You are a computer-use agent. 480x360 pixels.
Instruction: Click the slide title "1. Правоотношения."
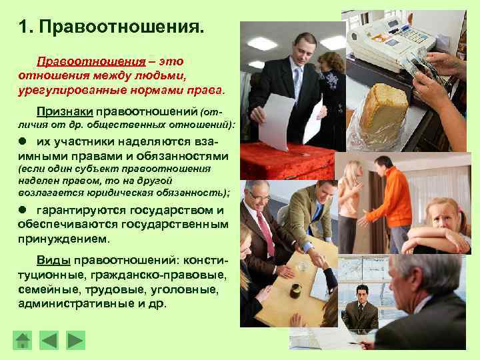click(111, 28)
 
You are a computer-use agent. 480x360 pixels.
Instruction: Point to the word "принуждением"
click(64, 238)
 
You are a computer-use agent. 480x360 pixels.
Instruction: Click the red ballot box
click(287, 161)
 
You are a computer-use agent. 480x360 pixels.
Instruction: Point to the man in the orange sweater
click(393, 203)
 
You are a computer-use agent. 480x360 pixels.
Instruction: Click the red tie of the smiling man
click(266, 234)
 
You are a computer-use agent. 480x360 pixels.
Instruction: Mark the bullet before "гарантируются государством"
click(23, 210)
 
